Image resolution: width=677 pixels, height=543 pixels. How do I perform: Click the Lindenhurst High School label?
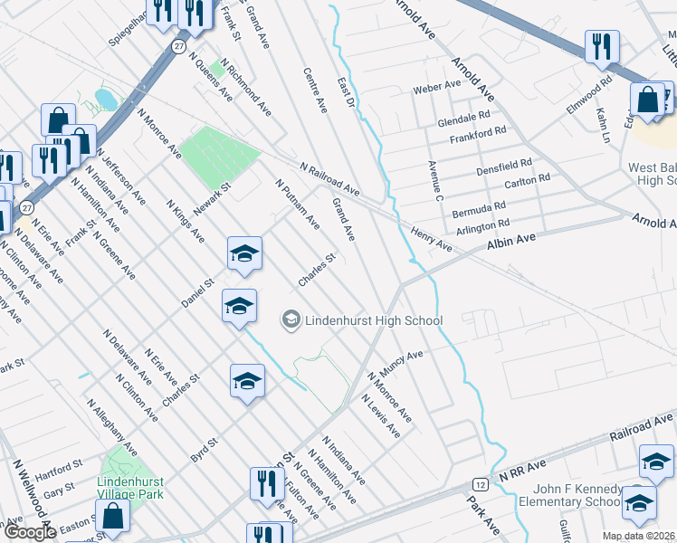coord(373,319)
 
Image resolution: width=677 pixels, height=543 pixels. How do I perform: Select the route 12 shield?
coord(477,486)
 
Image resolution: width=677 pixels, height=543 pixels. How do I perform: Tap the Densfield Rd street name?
coord(503,168)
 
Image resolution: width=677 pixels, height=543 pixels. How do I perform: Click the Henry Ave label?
coord(431,239)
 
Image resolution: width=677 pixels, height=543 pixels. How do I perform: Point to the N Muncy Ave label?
coord(394,367)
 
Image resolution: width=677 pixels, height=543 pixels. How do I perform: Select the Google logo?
coord(30,532)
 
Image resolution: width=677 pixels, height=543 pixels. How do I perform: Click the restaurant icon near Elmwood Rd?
coord(602,46)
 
